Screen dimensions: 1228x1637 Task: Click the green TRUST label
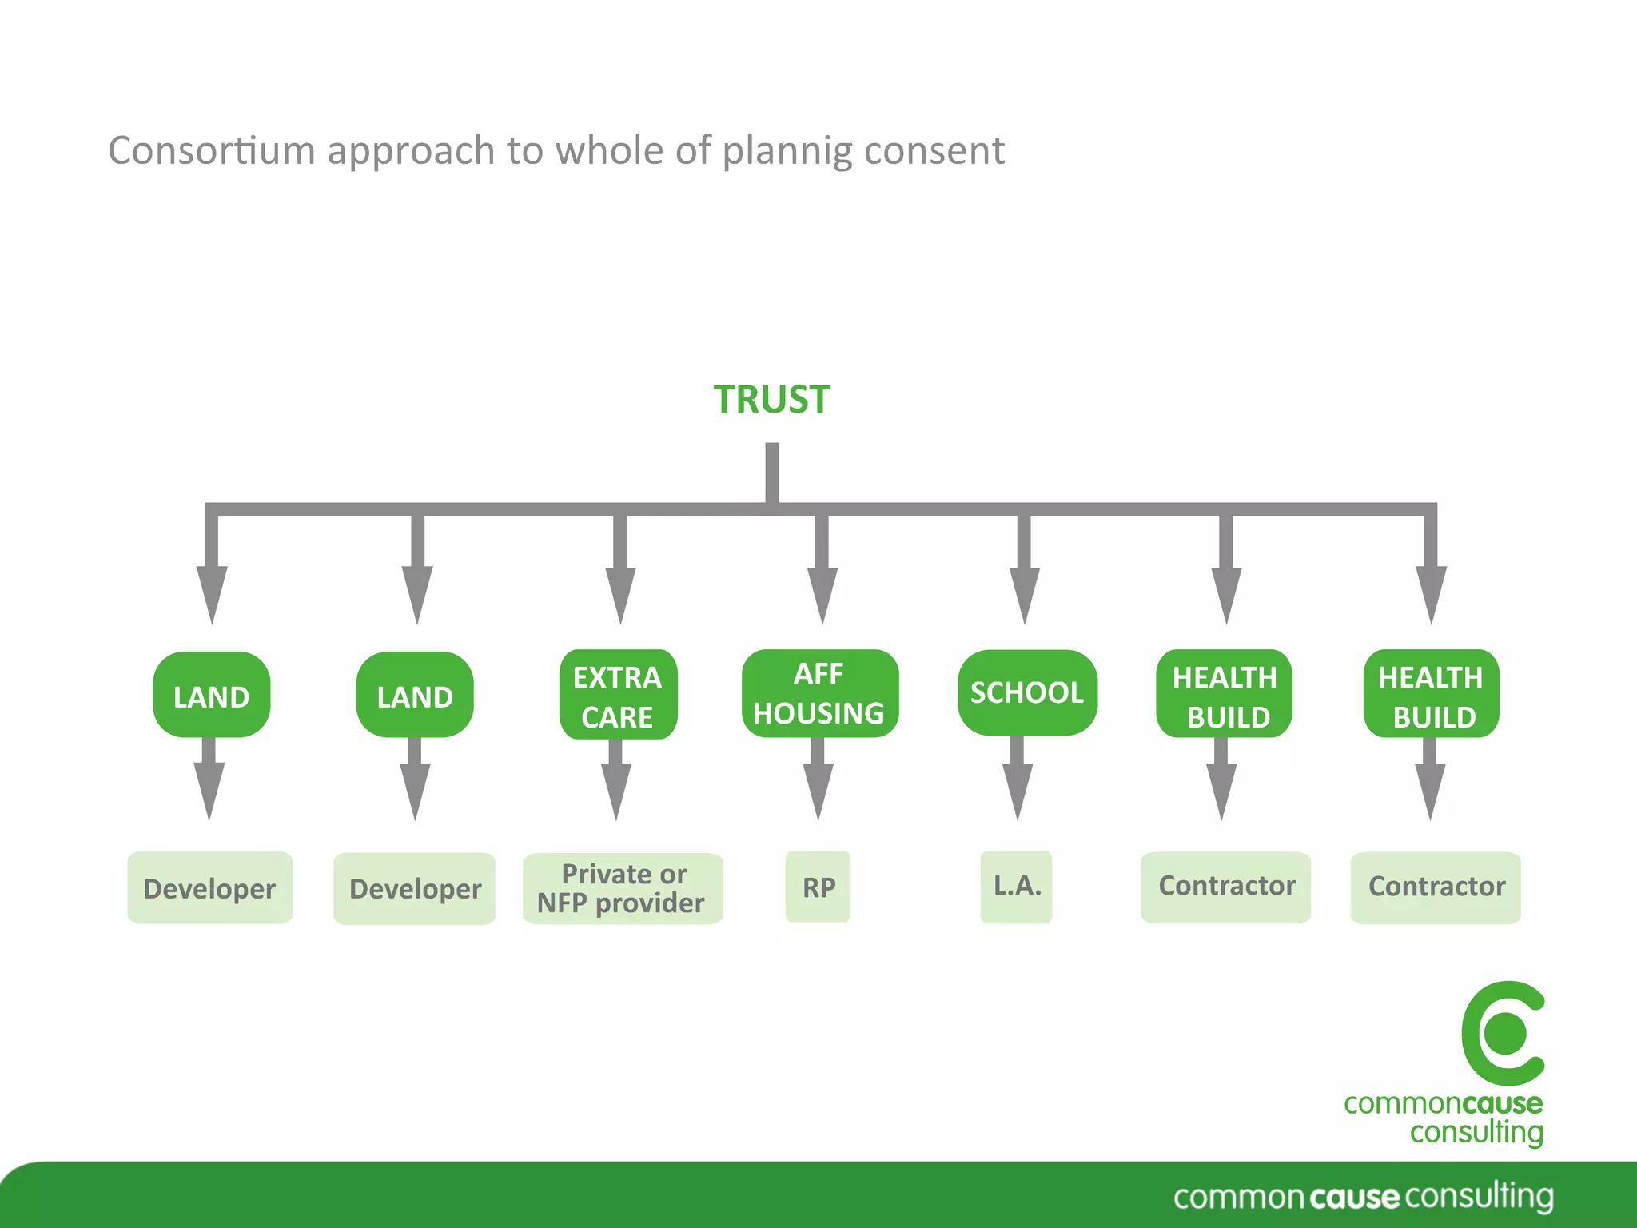coord(771,399)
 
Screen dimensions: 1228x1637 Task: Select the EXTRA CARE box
coord(618,695)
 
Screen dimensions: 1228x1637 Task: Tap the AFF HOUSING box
coord(819,693)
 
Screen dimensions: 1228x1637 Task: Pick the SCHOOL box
coord(1026,692)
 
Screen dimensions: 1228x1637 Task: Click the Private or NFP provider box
coord(622,888)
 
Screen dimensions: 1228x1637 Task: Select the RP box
coord(818,887)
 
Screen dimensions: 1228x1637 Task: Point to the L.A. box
coord(1016,887)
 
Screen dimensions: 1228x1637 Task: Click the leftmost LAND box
coord(211,695)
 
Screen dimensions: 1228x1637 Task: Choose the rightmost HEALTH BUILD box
coord(1431,694)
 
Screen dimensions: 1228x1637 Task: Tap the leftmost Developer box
coord(209,888)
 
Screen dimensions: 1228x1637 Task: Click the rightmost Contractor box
coord(1436,887)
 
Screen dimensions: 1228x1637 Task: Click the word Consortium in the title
coord(212,150)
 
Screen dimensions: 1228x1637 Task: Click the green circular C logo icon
coord(1504,1033)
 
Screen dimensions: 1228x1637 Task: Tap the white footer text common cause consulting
coord(1363,1197)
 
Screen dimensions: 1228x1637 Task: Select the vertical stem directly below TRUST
coord(771,473)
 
